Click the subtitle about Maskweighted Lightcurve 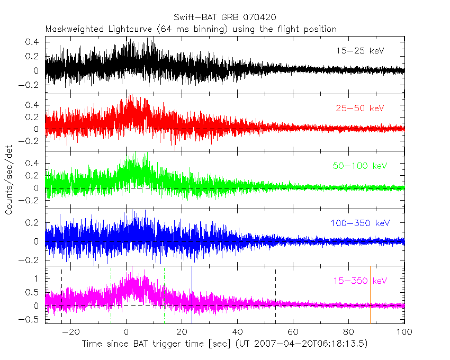coord(191,29)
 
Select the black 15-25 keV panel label coord(359,51)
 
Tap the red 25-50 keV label coord(359,109)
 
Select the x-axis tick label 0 coord(126,332)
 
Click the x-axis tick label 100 coord(404,332)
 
